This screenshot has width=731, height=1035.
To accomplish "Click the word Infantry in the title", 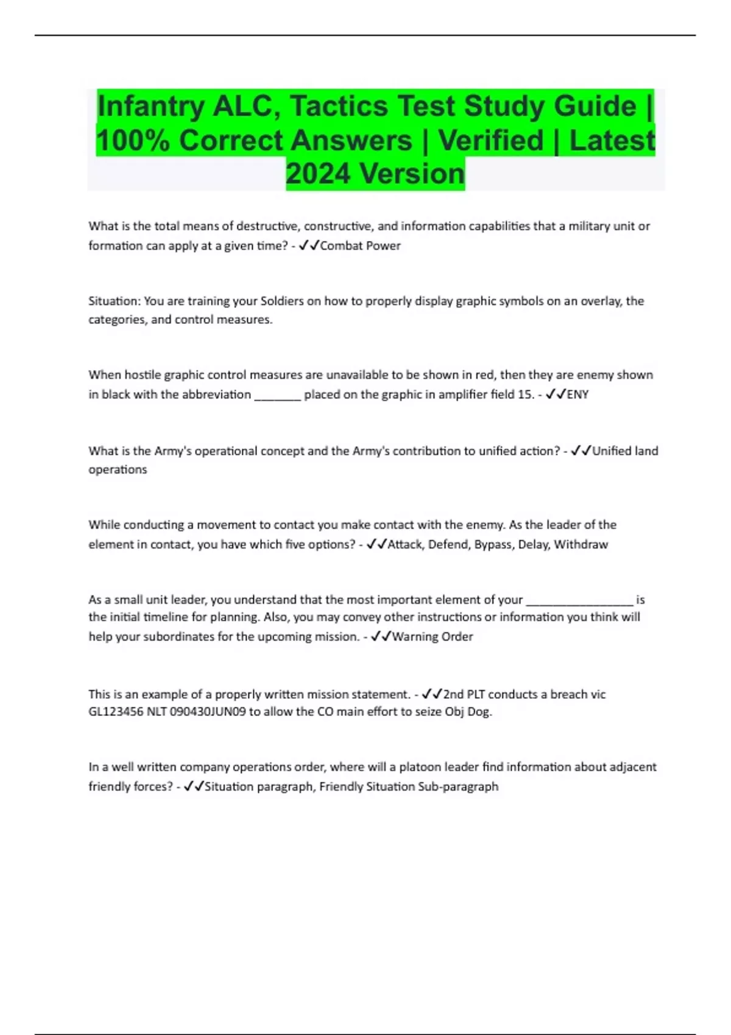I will coord(150,107).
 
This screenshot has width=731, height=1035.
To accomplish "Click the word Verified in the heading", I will coord(490,141).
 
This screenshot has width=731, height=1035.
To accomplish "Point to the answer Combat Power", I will coord(360,246).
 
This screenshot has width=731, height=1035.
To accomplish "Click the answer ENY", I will coord(577,395).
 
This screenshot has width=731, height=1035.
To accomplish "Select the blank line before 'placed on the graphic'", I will coord(277,396).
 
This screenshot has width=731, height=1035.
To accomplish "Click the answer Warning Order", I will coord(433,637).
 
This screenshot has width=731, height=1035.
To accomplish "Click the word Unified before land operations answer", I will coord(612,451).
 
